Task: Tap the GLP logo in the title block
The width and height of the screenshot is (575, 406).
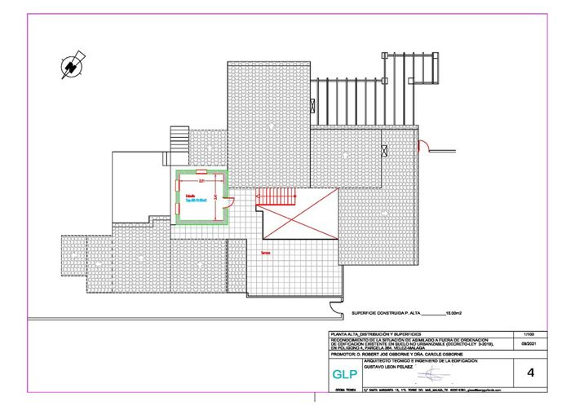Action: pyautogui.click(x=343, y=375)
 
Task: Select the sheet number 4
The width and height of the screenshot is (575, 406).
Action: pyautogui.click(x=531, y=373)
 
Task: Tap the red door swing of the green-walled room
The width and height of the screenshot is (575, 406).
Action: pyautogui.click(x=229, y=204)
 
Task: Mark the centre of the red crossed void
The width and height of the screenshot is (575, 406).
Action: pyautogui.click(x=298, y=218)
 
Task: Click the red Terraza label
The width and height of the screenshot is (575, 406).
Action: pyautogui.click(x=266, y=254)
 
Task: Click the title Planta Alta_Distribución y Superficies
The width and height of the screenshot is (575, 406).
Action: pyautogui.click(x=375, y=334)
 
